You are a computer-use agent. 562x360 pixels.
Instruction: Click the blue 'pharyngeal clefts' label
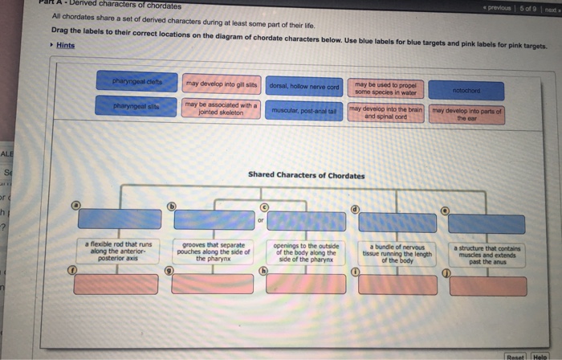coord(137,80)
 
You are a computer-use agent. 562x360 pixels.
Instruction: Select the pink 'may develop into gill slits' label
coord(219,84)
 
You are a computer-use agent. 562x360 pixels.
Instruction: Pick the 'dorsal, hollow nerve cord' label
coord(303,86)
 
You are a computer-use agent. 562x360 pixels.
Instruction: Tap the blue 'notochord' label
coord(466,91)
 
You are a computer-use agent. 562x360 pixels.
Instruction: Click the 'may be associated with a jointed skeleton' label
coord(220,108)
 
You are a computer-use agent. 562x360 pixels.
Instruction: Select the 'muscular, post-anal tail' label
coord(303,110)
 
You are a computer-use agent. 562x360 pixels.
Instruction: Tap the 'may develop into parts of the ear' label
coord(466,113)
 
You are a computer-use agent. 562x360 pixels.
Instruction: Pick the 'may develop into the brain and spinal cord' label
coord(386,112)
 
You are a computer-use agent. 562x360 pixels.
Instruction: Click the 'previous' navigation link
coord(501,7)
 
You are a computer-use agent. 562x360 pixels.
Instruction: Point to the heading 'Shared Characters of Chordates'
coord(306,174)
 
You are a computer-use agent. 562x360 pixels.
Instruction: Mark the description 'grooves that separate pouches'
coord(213,251)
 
